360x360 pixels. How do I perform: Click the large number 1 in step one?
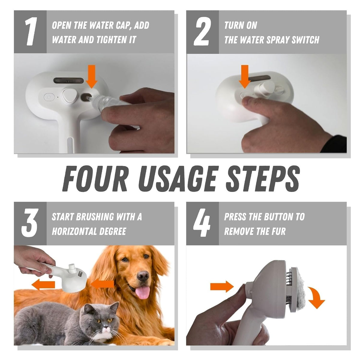30,32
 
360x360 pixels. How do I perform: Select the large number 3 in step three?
30,223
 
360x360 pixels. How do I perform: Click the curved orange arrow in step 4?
317,298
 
